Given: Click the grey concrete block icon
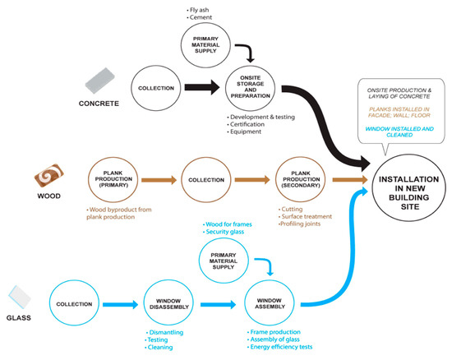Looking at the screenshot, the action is tap(99, 81).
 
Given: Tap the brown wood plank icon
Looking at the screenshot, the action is tap(49, 176).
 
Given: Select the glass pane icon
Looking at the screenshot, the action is tap(20, 298).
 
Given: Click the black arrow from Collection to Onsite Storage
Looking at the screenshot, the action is tap(202, 87).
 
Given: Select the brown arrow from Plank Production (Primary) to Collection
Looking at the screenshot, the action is tap(159, 180).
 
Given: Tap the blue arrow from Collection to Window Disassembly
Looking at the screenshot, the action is tap(121, 304).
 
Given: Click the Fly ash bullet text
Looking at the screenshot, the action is tap(198, 10).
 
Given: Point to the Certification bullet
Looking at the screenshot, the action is tap(246, 124).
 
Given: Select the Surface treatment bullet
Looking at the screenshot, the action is tap(305, 216).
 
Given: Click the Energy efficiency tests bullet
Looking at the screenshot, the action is tap(279, 347).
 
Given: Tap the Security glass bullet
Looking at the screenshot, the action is tap(224, 232).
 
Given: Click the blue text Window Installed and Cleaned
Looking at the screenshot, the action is tap(399, 132).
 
